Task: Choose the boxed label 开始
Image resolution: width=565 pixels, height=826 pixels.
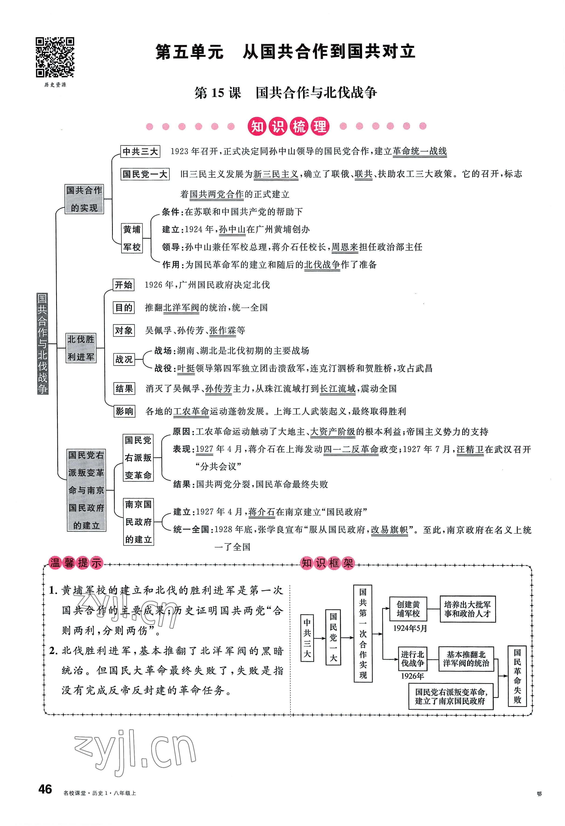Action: pos(123,285)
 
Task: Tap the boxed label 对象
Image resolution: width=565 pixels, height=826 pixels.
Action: pos(123,330)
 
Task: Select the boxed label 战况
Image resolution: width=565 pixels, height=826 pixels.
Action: pos(123,359)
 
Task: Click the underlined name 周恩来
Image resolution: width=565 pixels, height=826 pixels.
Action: pos(345,247)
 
